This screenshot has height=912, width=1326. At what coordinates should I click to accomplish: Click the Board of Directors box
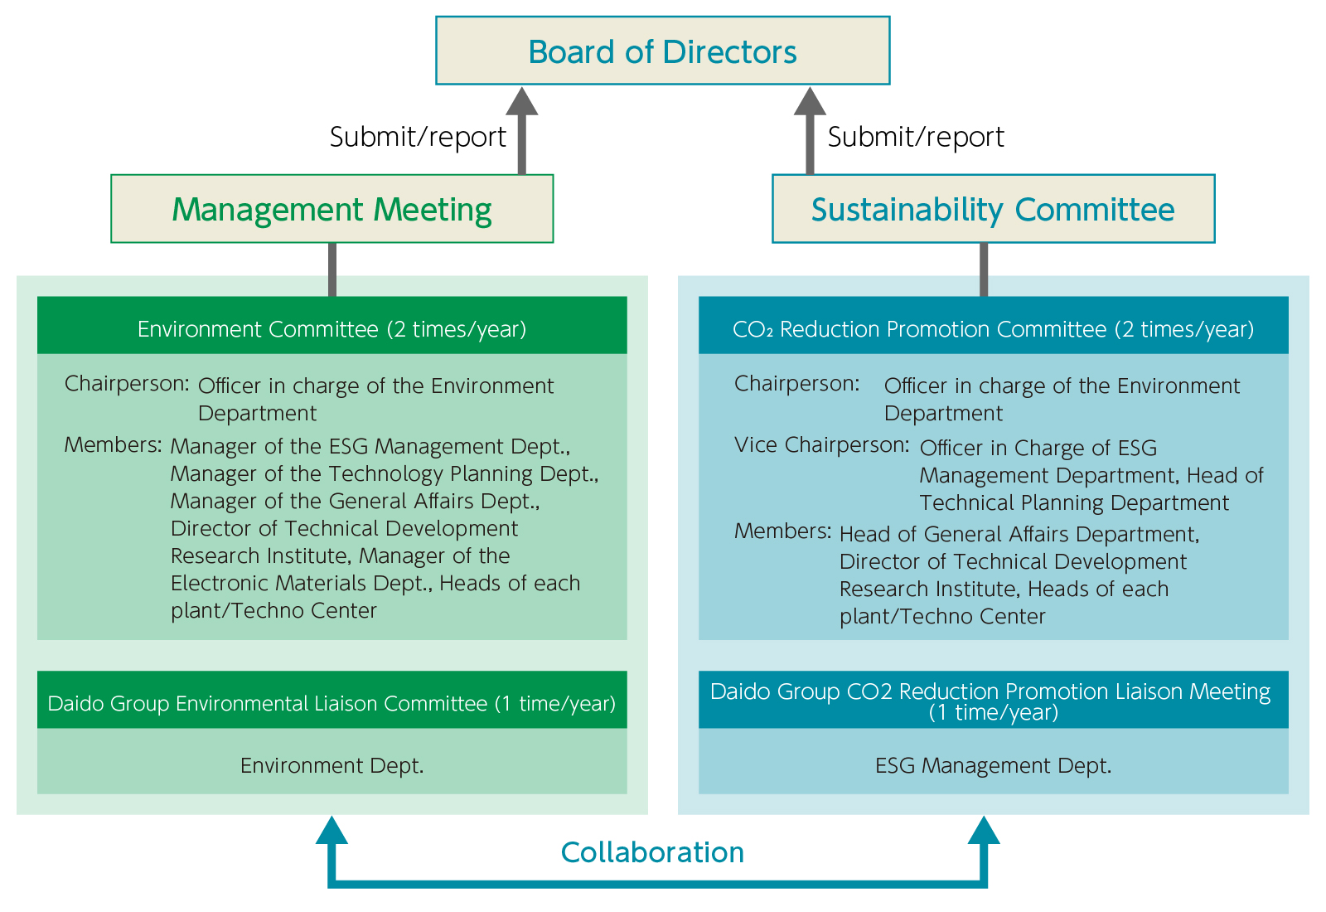click(x=662, y=51)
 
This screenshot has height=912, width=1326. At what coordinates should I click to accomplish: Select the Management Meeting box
click(x=331, y=209)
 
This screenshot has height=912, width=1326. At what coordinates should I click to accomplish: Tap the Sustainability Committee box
click(x=993, y=209)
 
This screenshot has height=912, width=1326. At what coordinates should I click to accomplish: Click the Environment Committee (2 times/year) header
click(x=331, y=329)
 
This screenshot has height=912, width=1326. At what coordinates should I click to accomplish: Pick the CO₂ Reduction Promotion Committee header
click(x=993, y=329)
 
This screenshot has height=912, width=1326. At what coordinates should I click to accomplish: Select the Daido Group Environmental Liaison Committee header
click(x=331, y=703)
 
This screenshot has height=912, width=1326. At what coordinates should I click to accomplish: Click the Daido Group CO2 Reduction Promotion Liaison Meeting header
click(x=993, y=700)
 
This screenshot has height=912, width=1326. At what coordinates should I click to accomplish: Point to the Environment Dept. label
click(x=331, y=765)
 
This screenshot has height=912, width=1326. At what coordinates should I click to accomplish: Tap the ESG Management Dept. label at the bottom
click(x=993, y=765)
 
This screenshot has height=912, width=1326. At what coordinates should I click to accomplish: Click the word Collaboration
click(x=652, y=852)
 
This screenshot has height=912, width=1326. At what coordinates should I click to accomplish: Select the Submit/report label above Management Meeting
click(x=418, y=137)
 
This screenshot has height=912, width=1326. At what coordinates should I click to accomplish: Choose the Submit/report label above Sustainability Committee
click(x=916, y=137)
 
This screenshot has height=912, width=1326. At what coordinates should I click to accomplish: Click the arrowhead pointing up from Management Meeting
click(x=522, y=101)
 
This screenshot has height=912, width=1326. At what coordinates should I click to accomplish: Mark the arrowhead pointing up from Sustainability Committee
click(x=810, y=101)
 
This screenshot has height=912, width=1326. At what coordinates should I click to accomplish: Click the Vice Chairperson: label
click(x=821, y=445)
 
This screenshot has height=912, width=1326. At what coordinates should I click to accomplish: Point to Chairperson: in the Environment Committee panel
click(x=127, y=384)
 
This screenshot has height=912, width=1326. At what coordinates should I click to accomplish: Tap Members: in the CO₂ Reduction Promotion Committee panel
click(x=782, y=531)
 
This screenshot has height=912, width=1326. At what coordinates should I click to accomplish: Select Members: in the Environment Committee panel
click(x=113, y=445)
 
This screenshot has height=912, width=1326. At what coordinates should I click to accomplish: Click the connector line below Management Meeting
click(x=332, y=269)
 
